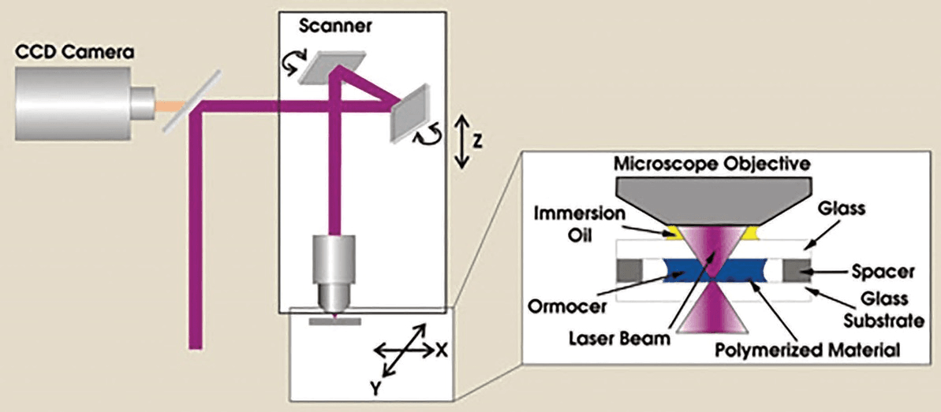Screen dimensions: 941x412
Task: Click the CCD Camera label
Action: (75, 52)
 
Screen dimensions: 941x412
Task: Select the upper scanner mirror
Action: (333, 66)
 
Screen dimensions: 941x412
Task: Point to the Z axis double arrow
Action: (461, 143)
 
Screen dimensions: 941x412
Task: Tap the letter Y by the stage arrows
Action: (375, 388)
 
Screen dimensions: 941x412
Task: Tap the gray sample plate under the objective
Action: (335, 321)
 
